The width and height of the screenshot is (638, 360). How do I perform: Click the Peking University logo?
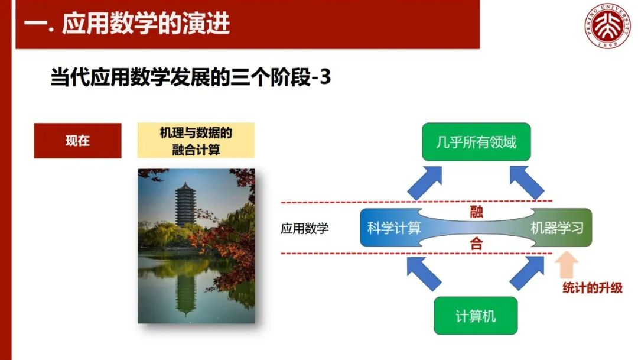tap(608, 25)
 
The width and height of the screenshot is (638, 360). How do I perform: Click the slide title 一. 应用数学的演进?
tap(127, 24)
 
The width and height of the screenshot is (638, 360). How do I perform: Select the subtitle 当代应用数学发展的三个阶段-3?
tap(190, 77)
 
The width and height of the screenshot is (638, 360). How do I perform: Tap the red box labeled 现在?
tap(78, 141)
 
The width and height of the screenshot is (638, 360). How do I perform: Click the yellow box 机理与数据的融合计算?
tap(196, 141)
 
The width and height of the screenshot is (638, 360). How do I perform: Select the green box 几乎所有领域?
tap(476, 142)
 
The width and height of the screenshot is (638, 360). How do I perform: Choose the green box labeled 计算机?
tap(476, 316)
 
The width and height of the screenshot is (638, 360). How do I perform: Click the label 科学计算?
tap(394, 228)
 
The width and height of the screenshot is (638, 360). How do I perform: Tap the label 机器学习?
tap(557, 228)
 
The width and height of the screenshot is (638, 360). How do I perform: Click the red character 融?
tap(476, 212)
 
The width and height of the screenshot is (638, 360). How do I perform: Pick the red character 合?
tap(476, 244)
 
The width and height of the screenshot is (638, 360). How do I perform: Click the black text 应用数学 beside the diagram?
tap(304, 228)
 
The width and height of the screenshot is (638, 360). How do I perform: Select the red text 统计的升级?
tap(593, 288)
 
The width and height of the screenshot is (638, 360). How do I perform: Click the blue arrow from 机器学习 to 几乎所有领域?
tap(526, 183)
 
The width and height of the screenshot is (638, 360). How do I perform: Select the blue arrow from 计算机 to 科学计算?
tap(424, 273)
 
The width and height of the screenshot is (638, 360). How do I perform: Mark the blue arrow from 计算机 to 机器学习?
tap(527, 273)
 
